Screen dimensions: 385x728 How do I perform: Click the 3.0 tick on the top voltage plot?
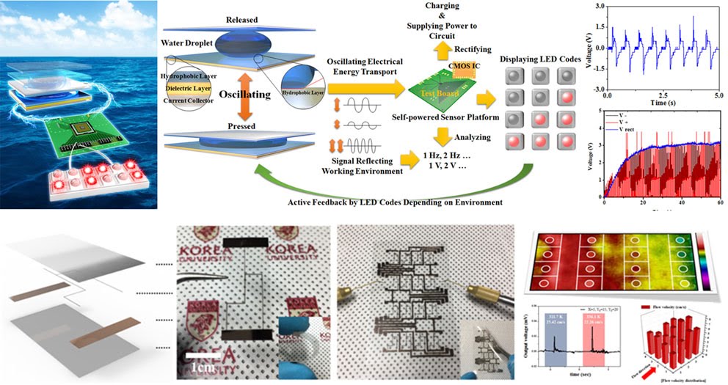click(x=599, y=7)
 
